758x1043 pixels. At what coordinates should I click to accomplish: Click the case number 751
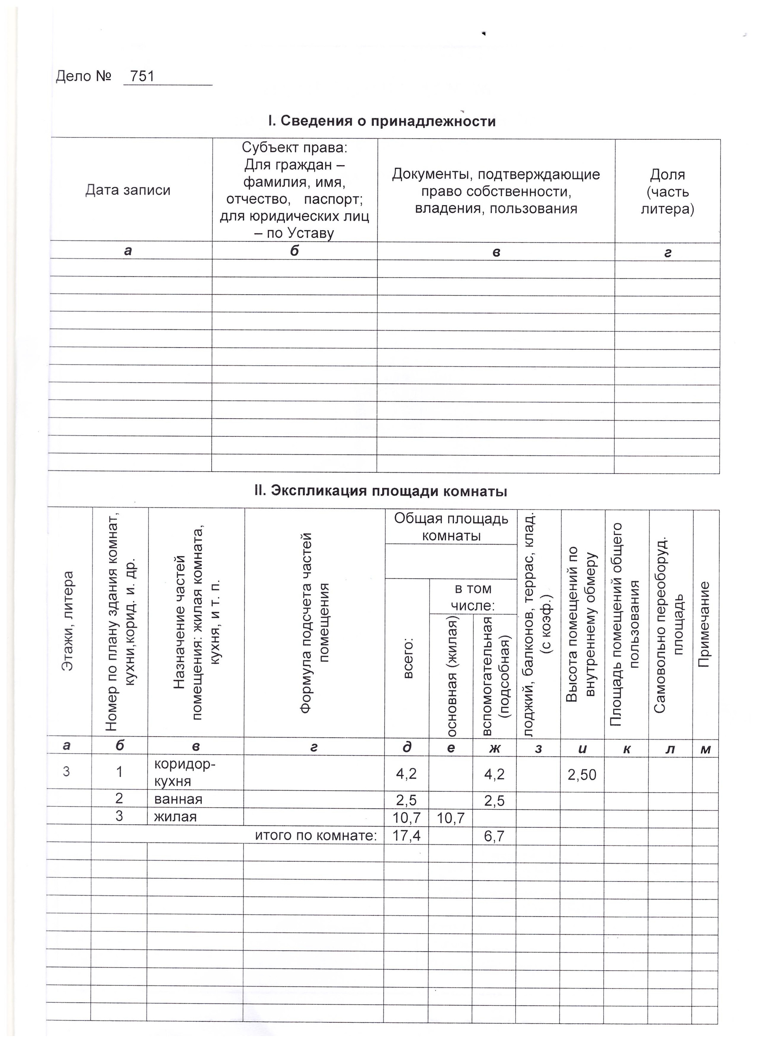pos(142,76)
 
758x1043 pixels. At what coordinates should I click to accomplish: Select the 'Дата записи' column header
pos(128,190)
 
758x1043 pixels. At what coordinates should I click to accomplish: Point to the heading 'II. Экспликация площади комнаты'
pos(381,491)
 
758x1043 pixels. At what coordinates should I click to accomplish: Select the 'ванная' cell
pos(178,799)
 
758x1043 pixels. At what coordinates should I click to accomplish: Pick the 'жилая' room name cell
pos(175,816)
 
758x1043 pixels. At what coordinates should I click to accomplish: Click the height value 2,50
pos(582,775)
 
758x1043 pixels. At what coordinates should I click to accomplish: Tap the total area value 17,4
pos(406,835)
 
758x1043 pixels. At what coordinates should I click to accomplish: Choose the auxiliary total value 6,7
pos(494,836)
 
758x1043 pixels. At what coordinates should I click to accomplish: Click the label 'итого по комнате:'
pos(316,835)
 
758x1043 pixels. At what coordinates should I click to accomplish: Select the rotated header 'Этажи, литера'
pos(68,621)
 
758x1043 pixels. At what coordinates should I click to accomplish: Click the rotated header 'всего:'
pos(408,658)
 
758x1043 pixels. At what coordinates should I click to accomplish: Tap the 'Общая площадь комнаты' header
pos(451,527)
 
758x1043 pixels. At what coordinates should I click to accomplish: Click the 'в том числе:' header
pos(473,597)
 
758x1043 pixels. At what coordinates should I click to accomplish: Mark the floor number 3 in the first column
pos(67,771)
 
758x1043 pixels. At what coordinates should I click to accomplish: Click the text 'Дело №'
pos(84,76)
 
